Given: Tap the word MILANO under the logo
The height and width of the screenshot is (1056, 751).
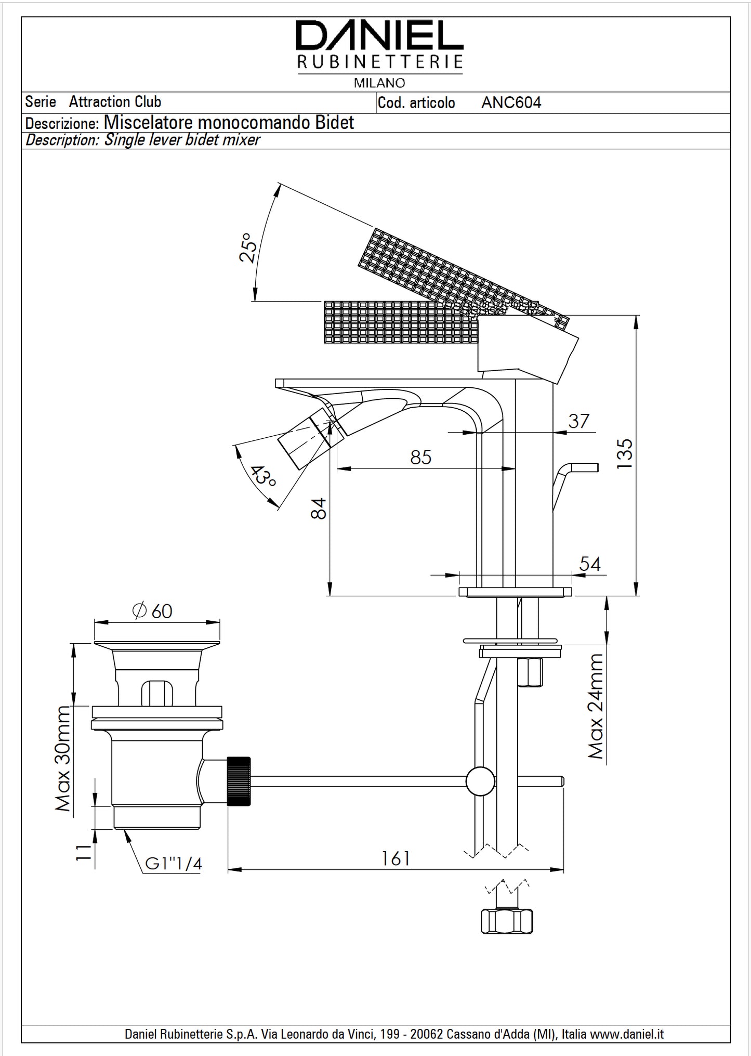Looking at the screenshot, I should tap(379, 83).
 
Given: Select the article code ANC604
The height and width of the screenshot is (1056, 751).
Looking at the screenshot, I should tap(511, 103).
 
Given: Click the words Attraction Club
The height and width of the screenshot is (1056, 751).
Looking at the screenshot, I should tap(115, 102).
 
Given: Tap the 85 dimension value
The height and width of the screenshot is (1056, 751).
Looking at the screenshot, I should tap(420, 457).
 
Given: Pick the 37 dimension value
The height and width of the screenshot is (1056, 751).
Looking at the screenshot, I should tap(578, 421).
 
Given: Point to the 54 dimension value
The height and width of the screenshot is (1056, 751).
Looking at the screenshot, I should tap(589, 564).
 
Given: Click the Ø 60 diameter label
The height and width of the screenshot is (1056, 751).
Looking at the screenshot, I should tap(152, 611).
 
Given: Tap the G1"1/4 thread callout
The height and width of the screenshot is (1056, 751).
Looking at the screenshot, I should tap(174, 864).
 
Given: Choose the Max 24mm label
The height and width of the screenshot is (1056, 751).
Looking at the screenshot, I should tap(596, 706).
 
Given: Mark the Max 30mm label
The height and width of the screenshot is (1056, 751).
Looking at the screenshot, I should tap(63, 759).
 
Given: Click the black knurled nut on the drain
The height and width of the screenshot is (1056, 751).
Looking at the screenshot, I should tap(239, 781).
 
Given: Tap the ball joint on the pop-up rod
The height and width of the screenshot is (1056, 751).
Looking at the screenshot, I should tap(480, 781).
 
